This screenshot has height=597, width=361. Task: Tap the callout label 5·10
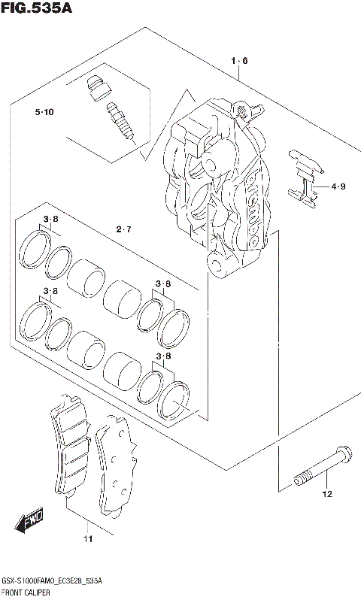(x=44, y=113)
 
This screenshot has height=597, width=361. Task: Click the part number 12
(x=326, y=494)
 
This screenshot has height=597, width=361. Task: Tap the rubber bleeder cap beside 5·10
(x=95, y=88)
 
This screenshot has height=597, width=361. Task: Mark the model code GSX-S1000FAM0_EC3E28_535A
(x=53, y=582)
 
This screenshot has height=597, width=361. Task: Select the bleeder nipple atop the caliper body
(x=243, y=111)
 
